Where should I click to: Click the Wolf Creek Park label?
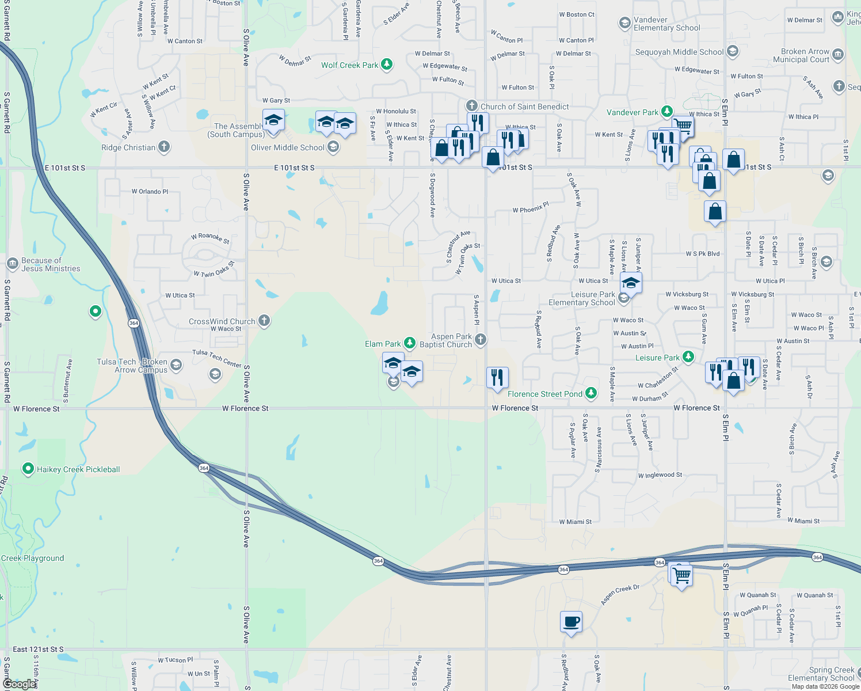(349, 65)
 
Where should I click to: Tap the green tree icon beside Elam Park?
(409, 343)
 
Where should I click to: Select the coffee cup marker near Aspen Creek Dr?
(571, 622)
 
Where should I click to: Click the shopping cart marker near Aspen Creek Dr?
(681, 575)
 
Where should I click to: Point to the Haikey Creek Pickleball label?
(78, 469)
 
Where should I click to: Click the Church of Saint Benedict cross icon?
(472, 106)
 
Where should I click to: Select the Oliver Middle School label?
(288, 147)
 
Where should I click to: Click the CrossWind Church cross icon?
(264, 321)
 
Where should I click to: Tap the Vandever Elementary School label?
(666, 24)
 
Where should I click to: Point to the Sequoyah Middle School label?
(679, 52)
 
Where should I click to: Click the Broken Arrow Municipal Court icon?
(837, 55)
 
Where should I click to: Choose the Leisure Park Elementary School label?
(581, 298)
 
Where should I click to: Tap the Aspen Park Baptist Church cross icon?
(480, 340)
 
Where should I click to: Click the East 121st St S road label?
(38, 650)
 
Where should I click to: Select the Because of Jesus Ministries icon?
(13, 264)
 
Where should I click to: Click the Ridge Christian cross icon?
(164, 147)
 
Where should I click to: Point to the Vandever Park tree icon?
(666, 112)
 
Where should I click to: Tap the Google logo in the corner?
(19, 684)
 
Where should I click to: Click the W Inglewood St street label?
(660, 475)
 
